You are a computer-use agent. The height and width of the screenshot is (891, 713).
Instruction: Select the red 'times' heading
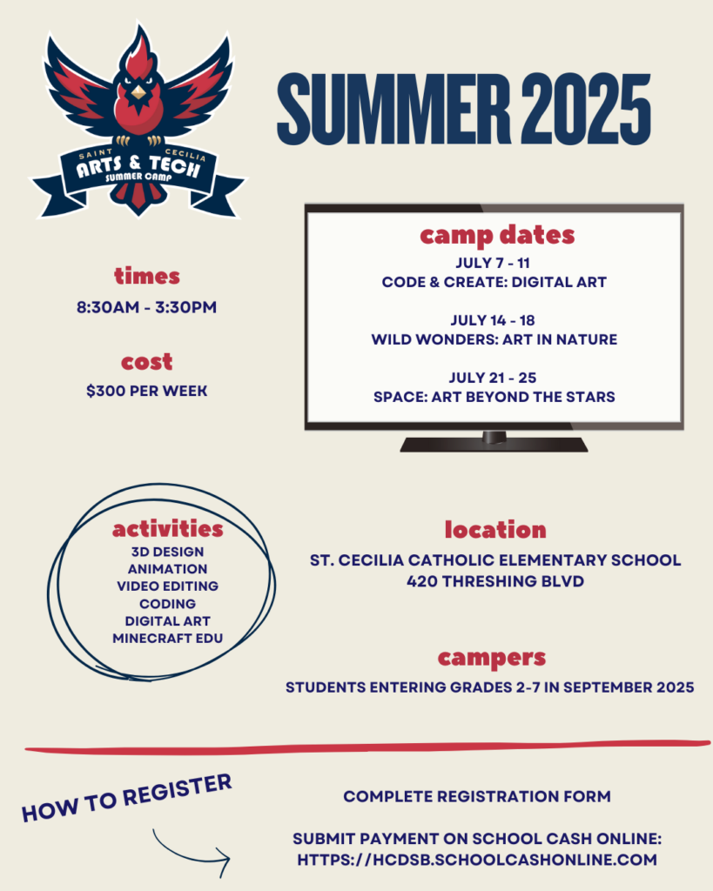(x=147, y=277)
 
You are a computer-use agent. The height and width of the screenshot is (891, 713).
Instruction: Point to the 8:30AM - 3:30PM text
(x=147, y=307)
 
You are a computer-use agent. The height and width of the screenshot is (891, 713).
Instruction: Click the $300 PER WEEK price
(x=147, y=391)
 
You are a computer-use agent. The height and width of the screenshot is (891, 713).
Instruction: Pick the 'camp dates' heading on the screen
(x=496, y=234)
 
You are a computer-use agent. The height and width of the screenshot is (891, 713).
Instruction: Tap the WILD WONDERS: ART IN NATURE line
(x=494, y=339)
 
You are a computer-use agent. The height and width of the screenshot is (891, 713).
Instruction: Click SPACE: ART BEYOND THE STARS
(x=494, y=397)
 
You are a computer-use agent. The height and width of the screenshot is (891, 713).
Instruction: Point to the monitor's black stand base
(x=494, y=444)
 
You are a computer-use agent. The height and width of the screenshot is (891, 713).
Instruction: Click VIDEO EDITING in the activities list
(x=167, y=586)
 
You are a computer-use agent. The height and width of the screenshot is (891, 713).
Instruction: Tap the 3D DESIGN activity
(x=167, y=552)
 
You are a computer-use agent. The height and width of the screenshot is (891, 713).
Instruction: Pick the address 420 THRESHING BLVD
(x=495, y=581)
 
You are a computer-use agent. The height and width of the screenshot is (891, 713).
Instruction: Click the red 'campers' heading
(x=492, y=657)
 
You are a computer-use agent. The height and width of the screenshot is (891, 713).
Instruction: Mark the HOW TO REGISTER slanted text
(x=127, y=797)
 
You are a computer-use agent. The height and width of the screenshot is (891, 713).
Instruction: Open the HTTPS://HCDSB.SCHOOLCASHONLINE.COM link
(x=477, y=860)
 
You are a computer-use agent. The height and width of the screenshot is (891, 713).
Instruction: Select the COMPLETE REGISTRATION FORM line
(x=477, y=796)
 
